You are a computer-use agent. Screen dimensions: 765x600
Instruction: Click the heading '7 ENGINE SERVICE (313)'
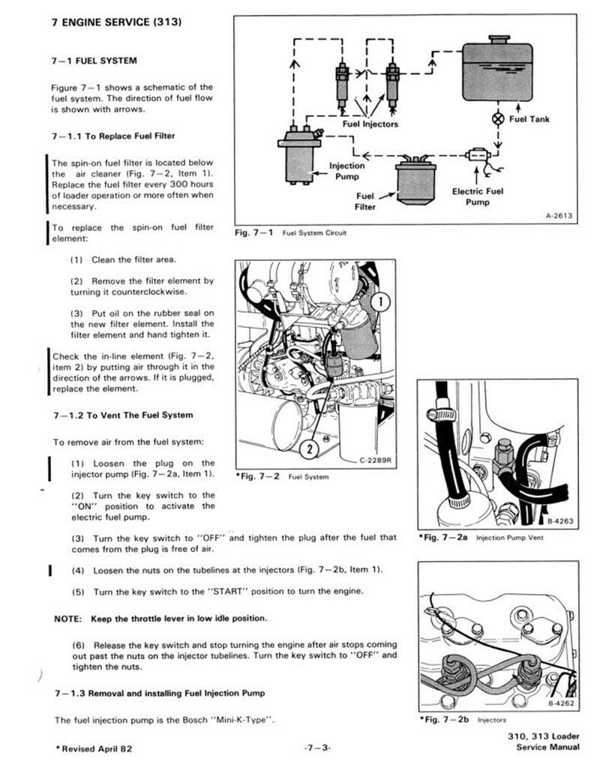point(115,22)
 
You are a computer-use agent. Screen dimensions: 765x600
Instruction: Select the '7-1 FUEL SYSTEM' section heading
point(94,60)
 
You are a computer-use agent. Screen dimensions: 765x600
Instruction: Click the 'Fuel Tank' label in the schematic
point(529,119)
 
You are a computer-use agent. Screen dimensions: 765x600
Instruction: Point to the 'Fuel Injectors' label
point(370,124)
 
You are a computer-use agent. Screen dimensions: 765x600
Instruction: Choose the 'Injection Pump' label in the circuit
point(347,171)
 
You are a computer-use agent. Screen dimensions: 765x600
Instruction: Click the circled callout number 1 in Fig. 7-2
point(381,303)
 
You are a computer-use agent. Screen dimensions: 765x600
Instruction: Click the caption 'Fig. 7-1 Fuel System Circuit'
point(290,232)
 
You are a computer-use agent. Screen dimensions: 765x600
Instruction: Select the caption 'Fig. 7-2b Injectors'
point(455,720)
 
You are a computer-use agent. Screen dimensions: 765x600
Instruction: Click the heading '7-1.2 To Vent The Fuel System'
point(122,415)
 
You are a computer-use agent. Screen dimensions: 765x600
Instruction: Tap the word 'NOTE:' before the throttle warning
point(69,619)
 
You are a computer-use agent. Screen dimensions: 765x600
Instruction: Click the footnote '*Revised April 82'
point(94,748)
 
